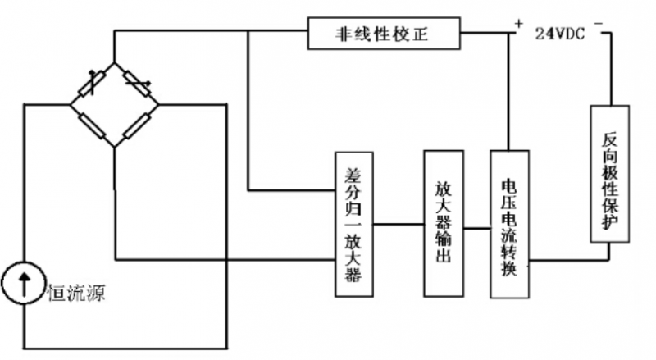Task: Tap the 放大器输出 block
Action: click(443, 222)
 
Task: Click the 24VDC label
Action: click(560, 34)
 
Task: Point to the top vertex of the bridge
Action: click(113, 62)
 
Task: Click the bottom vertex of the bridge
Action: click(113, 148)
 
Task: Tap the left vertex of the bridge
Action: click(70, 104)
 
